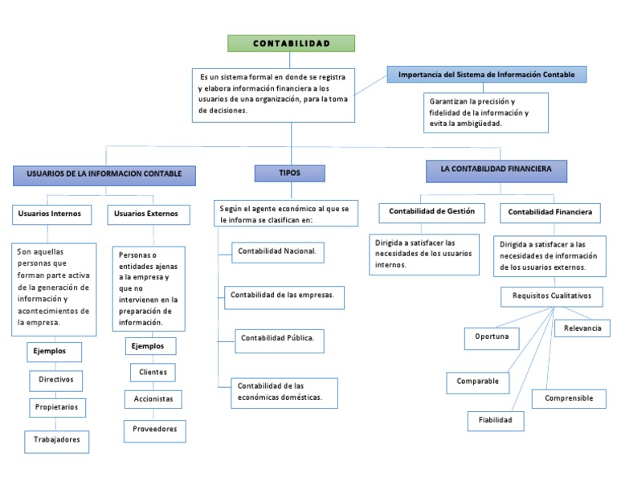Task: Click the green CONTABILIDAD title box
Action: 291,43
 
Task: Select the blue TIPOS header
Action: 289,173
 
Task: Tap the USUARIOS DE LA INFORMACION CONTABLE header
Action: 104,173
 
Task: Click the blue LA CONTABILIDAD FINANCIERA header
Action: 496,171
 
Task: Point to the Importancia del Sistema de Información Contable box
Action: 487,75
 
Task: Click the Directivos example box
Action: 55,381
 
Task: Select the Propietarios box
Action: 56,407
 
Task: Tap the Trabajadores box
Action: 56,440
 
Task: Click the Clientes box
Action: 153,373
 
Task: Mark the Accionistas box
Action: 153,398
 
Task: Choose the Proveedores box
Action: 154,430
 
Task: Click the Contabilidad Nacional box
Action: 278,251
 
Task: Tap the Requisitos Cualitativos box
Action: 551,296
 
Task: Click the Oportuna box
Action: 492,337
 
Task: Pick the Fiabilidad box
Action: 496,420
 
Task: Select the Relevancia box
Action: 582,328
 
